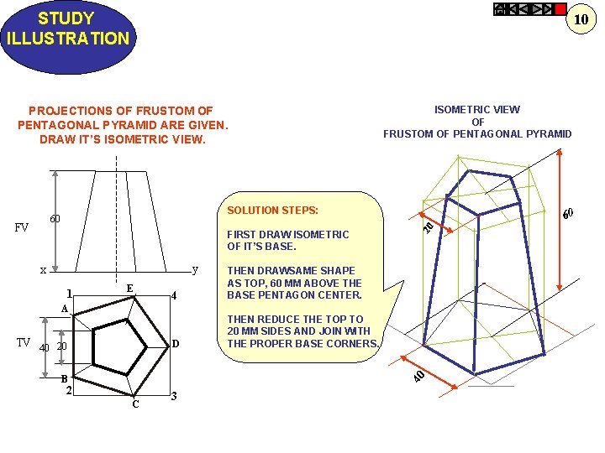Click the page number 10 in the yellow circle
(580, 19)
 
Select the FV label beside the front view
(22, 227)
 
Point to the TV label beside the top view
(25, 341)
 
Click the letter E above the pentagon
(129, 288)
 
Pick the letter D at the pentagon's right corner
(175, 343)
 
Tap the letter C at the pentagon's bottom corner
(134, 405)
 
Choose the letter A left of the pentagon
(64, 309)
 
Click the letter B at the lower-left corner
(64, 378)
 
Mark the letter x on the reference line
(43, 270)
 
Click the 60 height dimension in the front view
(55, 219)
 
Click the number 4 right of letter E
(172, 295)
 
